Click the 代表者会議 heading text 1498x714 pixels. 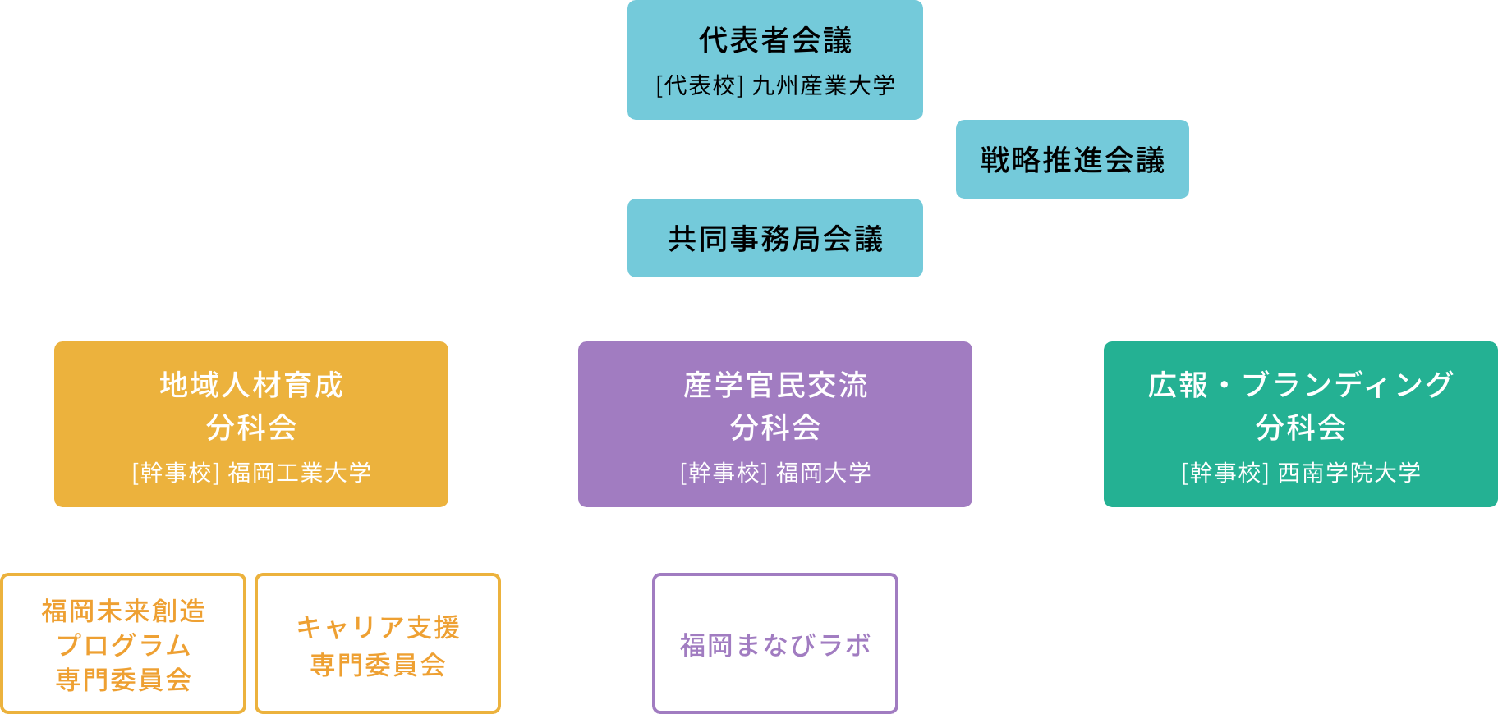coord(775,40)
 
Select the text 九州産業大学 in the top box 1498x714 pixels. coord(824,85)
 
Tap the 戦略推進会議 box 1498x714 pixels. coord(1072,159)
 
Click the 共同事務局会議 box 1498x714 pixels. coord(775,238)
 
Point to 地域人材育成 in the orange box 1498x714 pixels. coord(251,384)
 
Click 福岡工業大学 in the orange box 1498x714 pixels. coord(300,473)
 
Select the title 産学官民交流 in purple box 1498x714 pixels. coord(775,384)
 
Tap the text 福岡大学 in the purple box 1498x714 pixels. coord(824,473)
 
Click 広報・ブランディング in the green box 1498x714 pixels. coord(1301,384)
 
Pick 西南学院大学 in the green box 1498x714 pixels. coord(1349,473)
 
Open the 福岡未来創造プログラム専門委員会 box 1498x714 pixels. coord(123,644)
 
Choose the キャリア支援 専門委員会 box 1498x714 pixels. coord(378,644)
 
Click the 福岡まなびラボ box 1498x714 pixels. coord(775,644)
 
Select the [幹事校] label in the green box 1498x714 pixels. coord(1225,473)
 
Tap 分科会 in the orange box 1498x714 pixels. coord(251,428)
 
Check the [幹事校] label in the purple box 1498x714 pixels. coord(724,473)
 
